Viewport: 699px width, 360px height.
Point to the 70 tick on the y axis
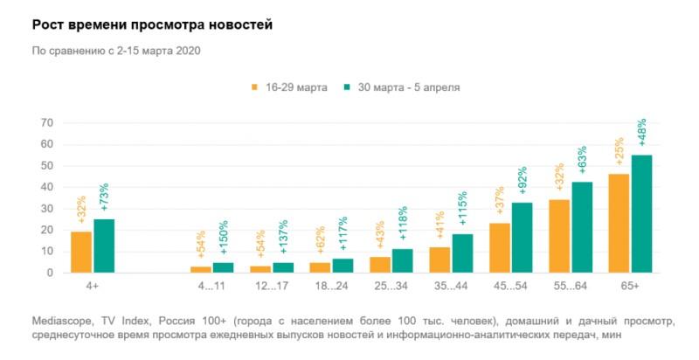coord(47,123)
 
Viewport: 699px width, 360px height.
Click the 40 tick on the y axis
coord(47,187)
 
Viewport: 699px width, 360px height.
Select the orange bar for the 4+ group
coord(80,252)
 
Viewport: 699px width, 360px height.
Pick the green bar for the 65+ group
coord(641,214)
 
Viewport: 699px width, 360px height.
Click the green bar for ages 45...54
coord(522,238)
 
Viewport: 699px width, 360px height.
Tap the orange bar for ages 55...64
coord(558,236)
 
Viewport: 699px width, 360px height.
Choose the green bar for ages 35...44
coord(462,253)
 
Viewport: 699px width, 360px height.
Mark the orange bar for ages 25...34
coord(379,265)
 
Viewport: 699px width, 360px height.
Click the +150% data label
coord(224,237)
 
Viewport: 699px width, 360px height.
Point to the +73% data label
coord(105,196)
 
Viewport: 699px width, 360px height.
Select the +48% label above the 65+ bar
coord(642,133)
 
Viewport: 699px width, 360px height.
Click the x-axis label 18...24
coord(330,286)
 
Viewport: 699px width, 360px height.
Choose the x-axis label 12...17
coord(271,286)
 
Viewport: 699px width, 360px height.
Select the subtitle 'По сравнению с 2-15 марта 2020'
coord(116,51)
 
